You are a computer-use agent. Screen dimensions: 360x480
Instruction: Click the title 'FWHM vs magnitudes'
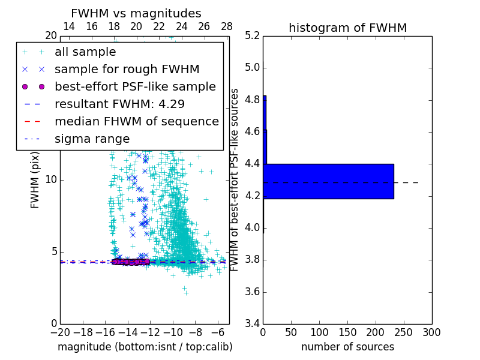coord(136,14)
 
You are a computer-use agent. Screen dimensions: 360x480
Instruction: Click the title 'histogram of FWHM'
coord(347,28)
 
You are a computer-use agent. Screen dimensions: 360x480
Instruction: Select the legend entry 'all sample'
coord(85,52)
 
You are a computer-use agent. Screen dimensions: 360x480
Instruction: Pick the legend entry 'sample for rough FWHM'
coord(127,70)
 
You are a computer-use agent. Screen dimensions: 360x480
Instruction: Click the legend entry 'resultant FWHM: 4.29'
coord(119,104)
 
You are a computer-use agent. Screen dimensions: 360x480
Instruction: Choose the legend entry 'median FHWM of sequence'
coord(136,122)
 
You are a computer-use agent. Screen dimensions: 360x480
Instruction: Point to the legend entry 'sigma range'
coord(92,139)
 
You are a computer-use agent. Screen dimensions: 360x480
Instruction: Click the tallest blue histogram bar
coord(328,181)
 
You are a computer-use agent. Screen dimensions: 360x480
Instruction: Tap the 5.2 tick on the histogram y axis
coord(252,35)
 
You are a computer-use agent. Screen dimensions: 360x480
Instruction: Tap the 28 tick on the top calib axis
coord(227,26)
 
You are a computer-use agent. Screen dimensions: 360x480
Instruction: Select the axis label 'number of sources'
coord(347,347)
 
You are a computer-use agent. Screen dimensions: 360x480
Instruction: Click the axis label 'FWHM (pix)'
coord(35,180)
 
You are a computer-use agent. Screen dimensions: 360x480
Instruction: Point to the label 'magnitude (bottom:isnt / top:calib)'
coord(145,347)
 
